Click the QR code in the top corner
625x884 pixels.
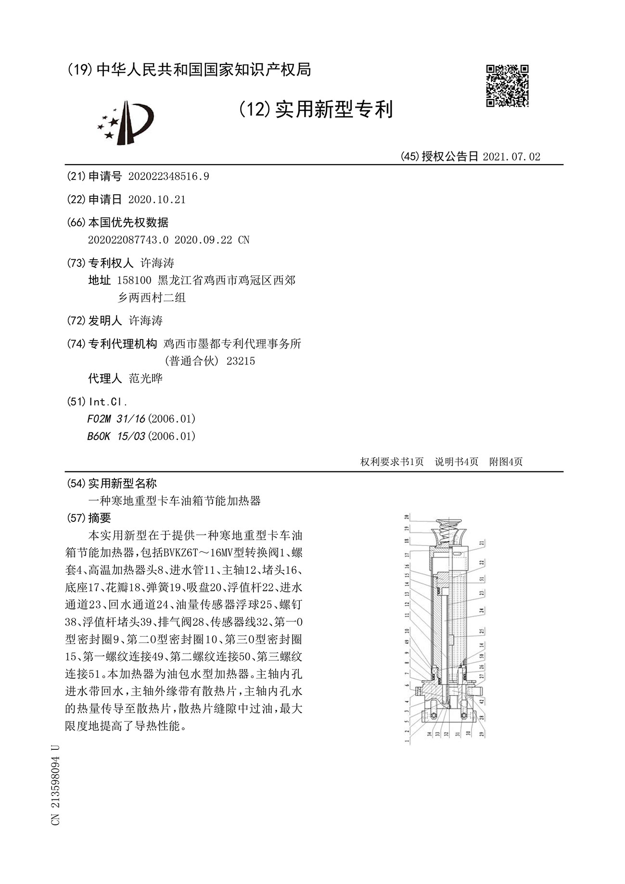(507, 86)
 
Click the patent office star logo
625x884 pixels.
(125, 122)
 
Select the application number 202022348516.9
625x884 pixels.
(168, 177)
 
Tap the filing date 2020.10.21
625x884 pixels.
(157, 200)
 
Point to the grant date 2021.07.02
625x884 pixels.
(511, 156)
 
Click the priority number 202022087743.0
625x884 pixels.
(128, 240)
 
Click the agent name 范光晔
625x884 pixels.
(146, 379)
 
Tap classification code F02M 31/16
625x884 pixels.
(116, 419)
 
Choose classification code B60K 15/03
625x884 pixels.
(116, 436)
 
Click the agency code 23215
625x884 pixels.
(241, 361)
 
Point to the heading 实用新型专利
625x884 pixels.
(333, 110)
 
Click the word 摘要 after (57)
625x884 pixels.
(100, 518)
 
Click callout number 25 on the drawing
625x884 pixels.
(482, 631)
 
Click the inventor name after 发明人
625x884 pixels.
(146, 321)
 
